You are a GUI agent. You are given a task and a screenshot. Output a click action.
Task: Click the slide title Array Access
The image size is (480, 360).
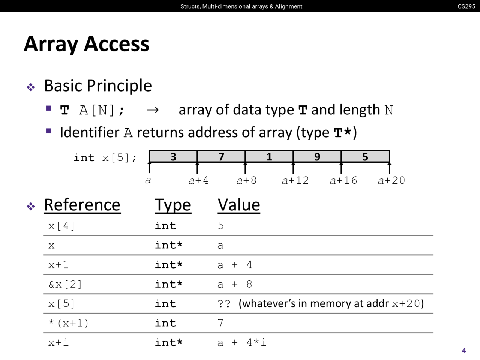[x=87, y=44]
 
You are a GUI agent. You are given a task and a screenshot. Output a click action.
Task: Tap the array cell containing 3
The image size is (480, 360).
[x=173, y=157]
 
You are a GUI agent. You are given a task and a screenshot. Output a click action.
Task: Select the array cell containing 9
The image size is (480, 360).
[x=317, y=157]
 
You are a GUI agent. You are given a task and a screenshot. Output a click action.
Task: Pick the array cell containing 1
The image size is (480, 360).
[x=269, y=157]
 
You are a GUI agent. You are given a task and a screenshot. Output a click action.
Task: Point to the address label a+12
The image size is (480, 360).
[x=295, y=181]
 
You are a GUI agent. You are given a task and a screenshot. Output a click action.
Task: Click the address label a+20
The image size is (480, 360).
[x=391, y=181]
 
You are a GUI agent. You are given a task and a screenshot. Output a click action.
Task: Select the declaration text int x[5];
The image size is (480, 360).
[x=105, y=157]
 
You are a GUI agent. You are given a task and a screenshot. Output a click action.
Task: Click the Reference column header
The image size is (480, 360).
[x=82, y=205]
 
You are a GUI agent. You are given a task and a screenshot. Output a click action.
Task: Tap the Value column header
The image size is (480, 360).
[x=239, y=205]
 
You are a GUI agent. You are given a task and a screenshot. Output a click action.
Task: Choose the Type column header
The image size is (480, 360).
[x=173, y=205]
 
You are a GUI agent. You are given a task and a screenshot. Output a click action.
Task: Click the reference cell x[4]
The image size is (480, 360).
[x=61, y=226]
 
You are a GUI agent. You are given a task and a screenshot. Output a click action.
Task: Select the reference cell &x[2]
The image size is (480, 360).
[x=65, y=284]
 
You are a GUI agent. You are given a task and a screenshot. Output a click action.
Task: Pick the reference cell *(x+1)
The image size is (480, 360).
[x=69, y=323]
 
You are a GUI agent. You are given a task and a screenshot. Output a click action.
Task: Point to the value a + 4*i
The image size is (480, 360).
[x=242, y=342]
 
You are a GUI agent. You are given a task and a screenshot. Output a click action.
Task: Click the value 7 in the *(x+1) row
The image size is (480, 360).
[x=220, y=323]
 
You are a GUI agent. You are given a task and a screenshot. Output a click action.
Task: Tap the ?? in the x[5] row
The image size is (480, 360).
[x=224, y=303]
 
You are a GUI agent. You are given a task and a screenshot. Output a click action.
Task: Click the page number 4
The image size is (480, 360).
[x=464, y=351]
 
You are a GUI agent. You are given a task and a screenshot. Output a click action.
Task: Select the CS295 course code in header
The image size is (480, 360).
[x=466, y=6]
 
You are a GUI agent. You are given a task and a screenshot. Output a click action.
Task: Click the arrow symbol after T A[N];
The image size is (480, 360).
[x=152, y=110]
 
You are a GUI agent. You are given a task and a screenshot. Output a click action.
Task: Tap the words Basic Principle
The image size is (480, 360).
[x=98, y=85]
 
